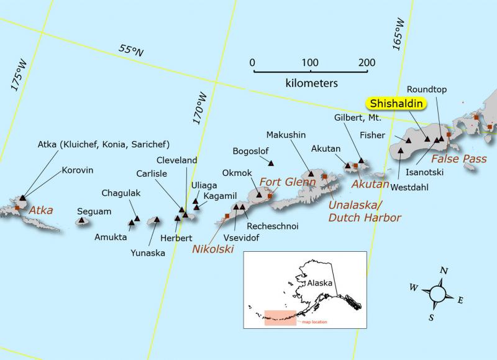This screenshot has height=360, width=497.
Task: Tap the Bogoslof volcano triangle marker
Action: [271, 163]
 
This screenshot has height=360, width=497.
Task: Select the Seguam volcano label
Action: [94, 211]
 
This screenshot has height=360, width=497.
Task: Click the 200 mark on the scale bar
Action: [367, 62]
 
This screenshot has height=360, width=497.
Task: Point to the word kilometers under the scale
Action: [311, 82]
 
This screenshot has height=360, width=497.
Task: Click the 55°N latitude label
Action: [132, 51]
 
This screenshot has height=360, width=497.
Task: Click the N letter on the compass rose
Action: [444, 270]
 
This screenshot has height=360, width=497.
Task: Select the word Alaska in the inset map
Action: [321, 282]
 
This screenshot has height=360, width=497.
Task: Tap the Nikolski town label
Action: [213, 249]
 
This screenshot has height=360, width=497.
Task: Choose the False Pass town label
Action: [465, 159]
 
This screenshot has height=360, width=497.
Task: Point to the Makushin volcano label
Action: [286, 134]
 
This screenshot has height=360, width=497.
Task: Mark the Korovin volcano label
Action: [78, 169]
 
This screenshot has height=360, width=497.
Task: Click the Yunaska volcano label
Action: [148, 252]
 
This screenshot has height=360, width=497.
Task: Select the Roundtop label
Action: [427, 90]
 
